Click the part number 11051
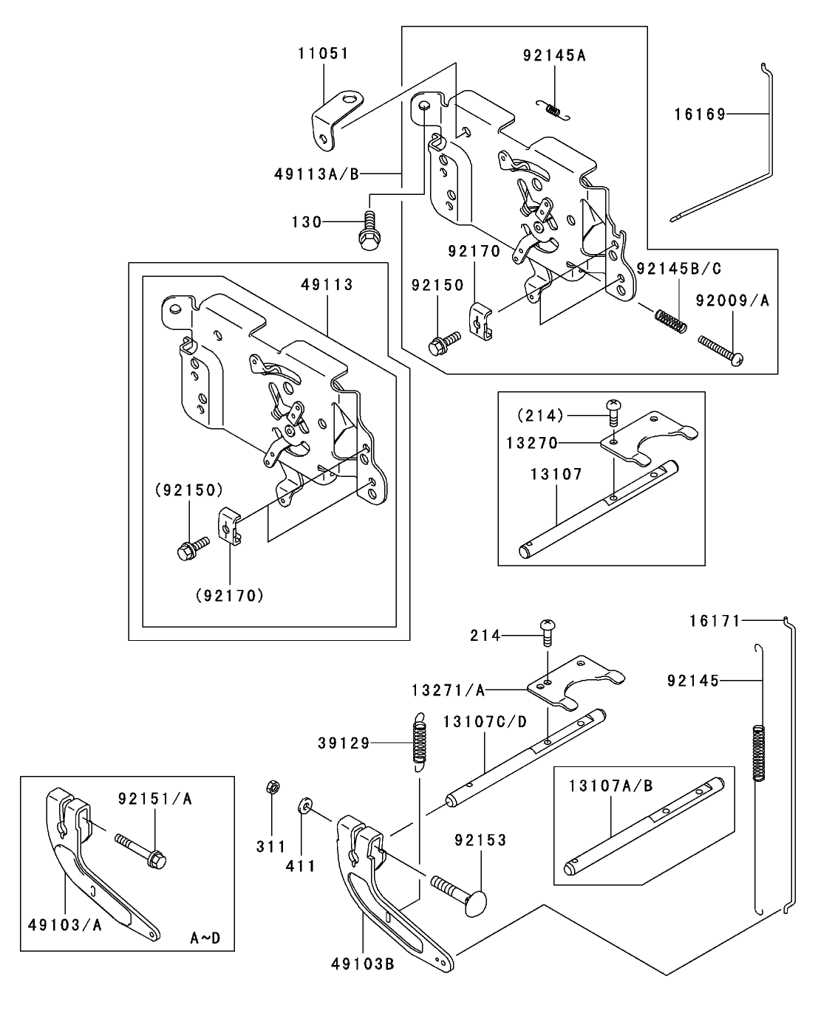[323, 54]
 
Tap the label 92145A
[553, 55]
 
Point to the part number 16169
[699, 114]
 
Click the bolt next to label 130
[367, 230]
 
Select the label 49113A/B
[316, 174]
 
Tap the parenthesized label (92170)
[230, 594]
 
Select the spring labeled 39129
[420, 742]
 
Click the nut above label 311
[271, 788]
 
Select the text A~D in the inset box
[205, 938]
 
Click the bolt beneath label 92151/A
[140, 850]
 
